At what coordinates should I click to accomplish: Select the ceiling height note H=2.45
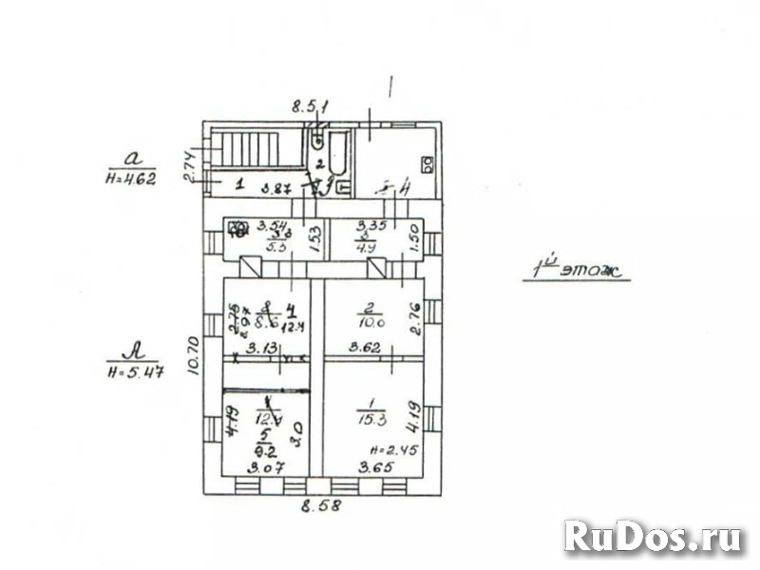[x=390, y=448]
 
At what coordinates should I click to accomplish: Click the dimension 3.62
[x=365, y=349]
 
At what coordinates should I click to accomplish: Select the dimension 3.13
[x=262, y=349]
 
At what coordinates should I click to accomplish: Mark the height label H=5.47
[x=134, y=371]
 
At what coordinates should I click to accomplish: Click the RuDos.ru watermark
[x=653, y=538]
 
